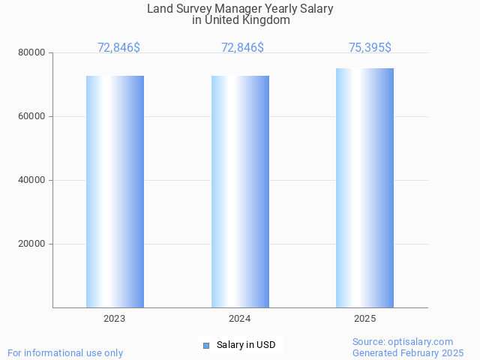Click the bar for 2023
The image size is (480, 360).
click(115, 191)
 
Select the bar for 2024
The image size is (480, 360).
click(240, 191)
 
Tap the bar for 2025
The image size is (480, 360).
click(364, 187)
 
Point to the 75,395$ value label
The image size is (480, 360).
click(370, 48)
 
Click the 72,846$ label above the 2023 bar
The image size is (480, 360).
click(118, 48)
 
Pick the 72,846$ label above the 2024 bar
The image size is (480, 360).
click(242, 48)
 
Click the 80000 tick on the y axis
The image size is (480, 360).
click(33, 52)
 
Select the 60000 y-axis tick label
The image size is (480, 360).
click(33, 116)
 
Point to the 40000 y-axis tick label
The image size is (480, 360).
click(33, 180)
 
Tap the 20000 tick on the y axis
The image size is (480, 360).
click(33, 244)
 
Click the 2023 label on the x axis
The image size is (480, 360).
click(115, 319)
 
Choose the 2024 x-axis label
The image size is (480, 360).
click(240, 319)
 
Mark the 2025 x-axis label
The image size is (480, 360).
click(364, 319)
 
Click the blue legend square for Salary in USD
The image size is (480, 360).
click(205, 345)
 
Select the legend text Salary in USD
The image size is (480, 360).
click(245, 345)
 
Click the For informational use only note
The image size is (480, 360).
click(65, 352)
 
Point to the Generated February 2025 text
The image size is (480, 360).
click(408, 352)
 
